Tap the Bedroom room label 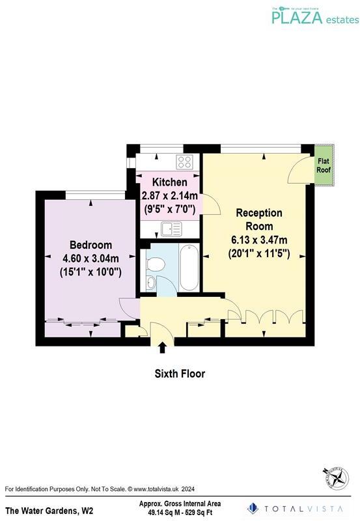(90, 245)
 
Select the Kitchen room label (170, 182)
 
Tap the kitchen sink (172, 229)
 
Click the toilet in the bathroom (155, 264)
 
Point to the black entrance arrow (162, 348)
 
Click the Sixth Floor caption (180, 374)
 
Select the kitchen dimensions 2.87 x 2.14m (170, 196)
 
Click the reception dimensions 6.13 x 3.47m (259, 240)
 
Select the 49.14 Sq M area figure (161, 513)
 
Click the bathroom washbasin (151, 283)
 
